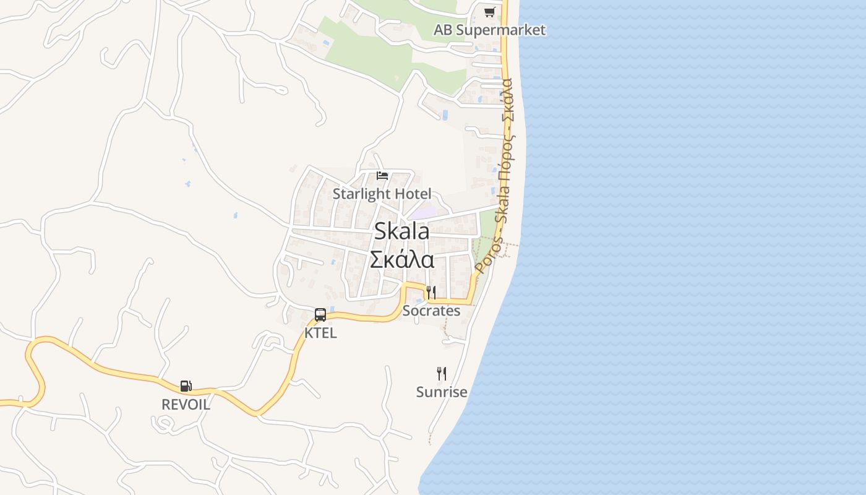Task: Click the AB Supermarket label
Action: [489, 30]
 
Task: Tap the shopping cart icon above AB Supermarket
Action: [489, 12]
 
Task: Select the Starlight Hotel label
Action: [382, 194]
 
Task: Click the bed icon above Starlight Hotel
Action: [382, 176]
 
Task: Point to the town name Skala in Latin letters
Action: [401, 231]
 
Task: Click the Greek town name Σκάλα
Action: [401, 259]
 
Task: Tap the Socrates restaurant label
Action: [431, 311]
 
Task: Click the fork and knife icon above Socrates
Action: [431, 292]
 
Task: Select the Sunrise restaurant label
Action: [441, 392]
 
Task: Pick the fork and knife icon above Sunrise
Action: [441, 374]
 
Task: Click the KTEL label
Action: [320, 333]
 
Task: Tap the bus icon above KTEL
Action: [320, 314]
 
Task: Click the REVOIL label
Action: [186, 405]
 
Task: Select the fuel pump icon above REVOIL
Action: [186, 386]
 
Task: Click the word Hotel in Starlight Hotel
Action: [413, 194]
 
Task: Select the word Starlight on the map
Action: [362, 194]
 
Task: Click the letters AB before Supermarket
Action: [444, 30]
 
